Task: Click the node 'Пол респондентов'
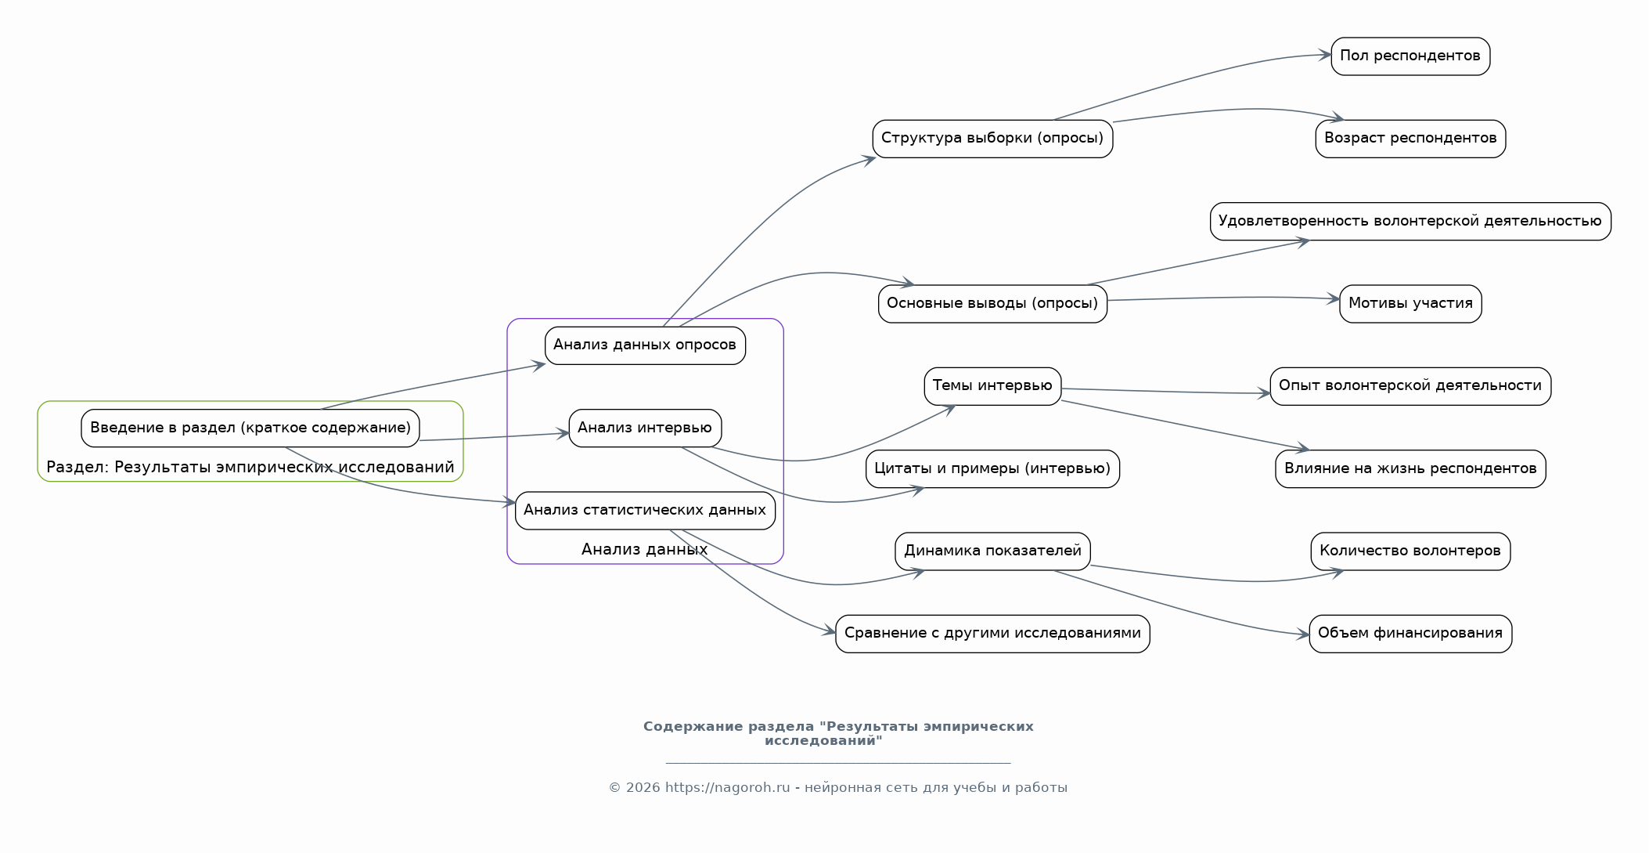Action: [1410, 56]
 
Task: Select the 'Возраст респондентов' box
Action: [1410, 139]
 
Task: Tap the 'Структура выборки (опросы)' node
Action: [992, 139]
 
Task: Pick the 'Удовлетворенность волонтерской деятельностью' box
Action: [1410, 222]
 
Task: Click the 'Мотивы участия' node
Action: [1410, 304]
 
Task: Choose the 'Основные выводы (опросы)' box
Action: [992, 304]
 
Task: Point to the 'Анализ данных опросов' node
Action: [645, 345]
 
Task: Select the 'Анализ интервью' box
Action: [645, 428]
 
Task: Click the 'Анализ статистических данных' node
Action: [645, 511]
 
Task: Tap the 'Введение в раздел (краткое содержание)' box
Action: [250, 428]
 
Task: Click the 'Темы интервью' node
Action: [992, 386]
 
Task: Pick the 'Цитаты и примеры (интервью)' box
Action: [992, 469]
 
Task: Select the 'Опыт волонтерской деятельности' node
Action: [1410, 386]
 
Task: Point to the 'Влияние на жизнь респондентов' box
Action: [1410, 469]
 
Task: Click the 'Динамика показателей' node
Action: [992, 551]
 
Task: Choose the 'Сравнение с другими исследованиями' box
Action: [992, 634]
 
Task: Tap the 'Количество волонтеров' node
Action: [1410, 551]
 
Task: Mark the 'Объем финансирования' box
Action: [1410, 634]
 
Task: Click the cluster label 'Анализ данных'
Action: [645, 550]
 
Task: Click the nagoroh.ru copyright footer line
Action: [837, 788]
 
